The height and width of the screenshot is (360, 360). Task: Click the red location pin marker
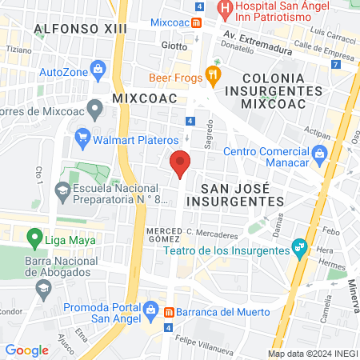click(181, 162)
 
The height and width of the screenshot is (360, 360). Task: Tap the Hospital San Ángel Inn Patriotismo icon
click(226, 10)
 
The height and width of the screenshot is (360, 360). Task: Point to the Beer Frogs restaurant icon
click(212, 77)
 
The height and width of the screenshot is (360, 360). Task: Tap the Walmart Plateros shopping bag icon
click(82, 135)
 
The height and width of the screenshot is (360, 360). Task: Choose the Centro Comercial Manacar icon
click(319, 152)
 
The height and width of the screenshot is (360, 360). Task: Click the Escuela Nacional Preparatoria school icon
click(62, 191)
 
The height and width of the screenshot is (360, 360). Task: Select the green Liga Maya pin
click(34, 238)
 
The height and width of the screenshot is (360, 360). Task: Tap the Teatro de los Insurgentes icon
click(299, 248)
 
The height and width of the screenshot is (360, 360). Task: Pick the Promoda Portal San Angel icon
click(149, 308)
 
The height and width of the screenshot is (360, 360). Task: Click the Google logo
click(26, 350)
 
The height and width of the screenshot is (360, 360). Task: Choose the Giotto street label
click(175, 46)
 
